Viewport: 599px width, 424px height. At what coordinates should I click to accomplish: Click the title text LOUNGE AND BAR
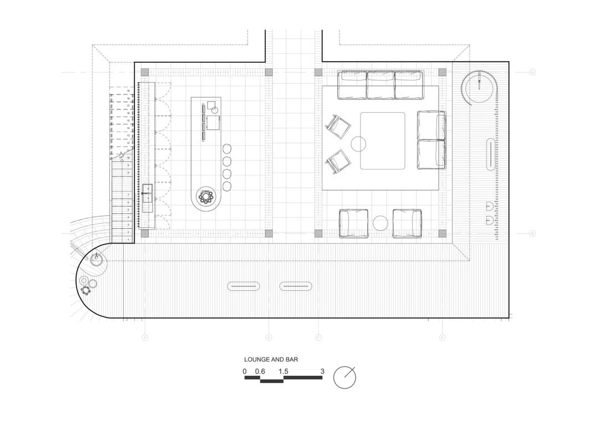click(x=271, y=360)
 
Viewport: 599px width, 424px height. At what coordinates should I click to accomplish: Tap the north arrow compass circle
click(x=344, y=377)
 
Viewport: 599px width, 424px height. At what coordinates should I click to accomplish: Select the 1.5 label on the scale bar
click(x=283, y=371)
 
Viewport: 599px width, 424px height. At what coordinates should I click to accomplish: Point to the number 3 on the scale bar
click(x=322, y=371)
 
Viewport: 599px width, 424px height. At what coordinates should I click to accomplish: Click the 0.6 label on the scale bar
click(x=260, y=371)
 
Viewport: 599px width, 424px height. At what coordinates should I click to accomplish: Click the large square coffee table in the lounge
click(x=383, y=140)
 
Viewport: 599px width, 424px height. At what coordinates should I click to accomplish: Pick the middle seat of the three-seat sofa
click(x=380, y=85)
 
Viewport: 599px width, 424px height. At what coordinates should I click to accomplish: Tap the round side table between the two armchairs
click(x=380, y=224)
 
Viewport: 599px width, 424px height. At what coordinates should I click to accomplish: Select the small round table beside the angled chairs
click(x=359, y=144)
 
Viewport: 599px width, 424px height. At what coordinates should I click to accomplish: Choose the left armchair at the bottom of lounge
click(x=354, y=223)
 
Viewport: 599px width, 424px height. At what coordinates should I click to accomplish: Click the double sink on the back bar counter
click(x=148, y=198)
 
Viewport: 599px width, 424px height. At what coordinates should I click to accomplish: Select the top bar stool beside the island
click(x=227, y=149)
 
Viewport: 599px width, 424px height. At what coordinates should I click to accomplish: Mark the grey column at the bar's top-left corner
click(x=145, y=72)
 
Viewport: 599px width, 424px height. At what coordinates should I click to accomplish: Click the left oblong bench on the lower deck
click(x=244, y=286)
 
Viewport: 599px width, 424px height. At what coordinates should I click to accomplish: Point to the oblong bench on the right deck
click(x=491, y=155)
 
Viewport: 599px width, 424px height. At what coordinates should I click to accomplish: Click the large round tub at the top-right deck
click(x=477, y=87)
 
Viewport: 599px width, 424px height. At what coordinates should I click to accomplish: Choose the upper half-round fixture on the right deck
click(x=490, y=206)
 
